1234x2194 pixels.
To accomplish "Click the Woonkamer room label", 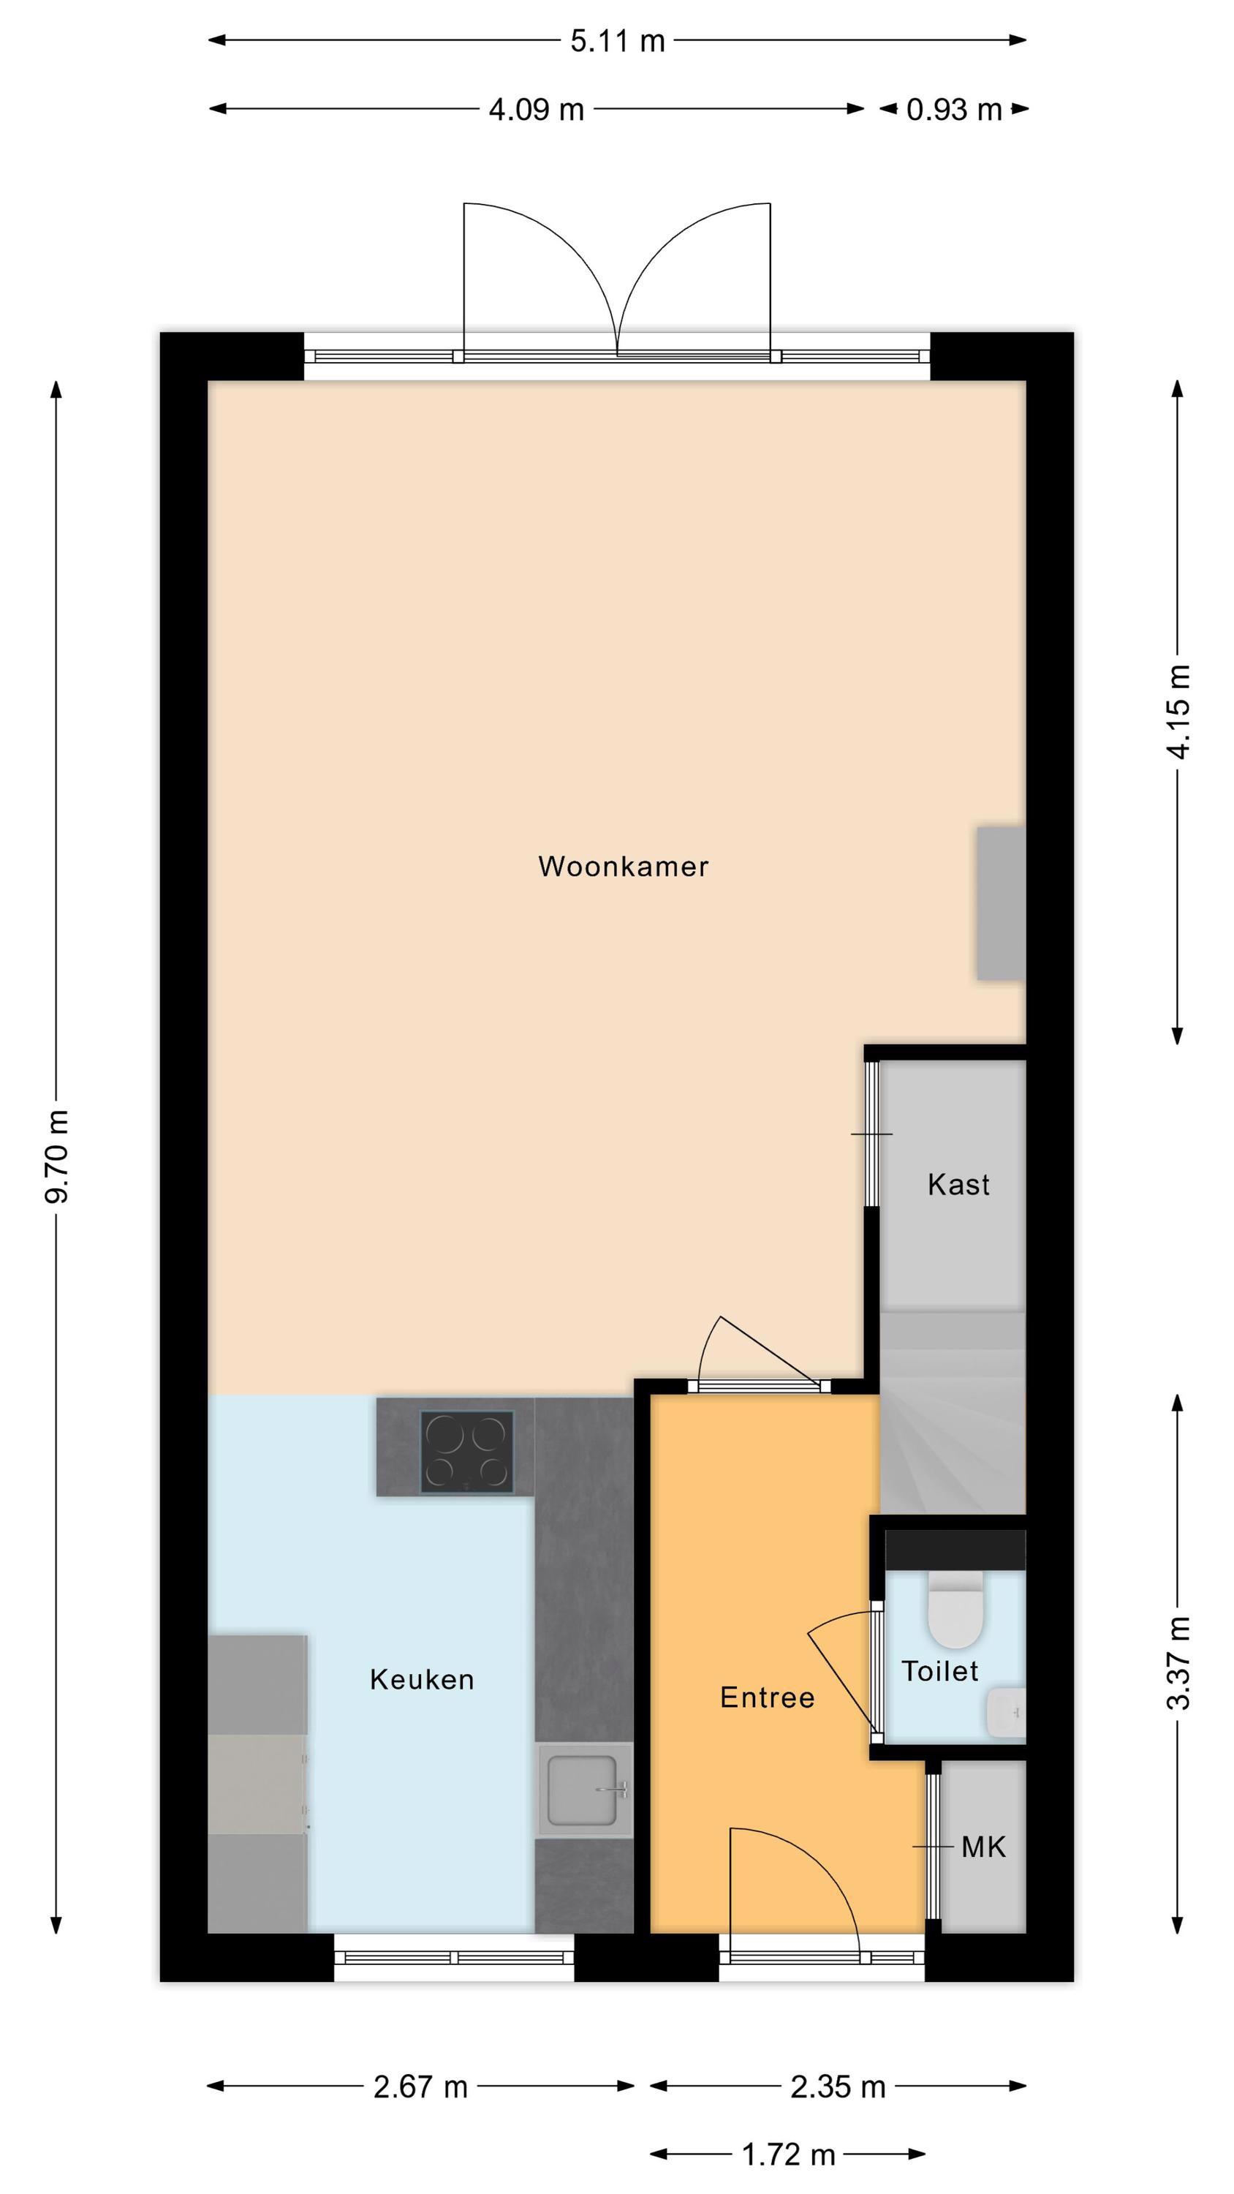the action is pyautogui.click(x=623, y=867).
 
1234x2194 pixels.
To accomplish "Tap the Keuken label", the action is pyautogui.click(x=422, y=1680).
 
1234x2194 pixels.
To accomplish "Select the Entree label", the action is pyautogui.click(x=768, y=1697).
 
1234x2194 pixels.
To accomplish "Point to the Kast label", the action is pyautogui.click(x=958, y=1184).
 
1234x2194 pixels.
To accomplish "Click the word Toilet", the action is pyautogui.click(x=940, y=1671).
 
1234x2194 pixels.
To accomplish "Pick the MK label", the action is pyautogui.click(x=984, y=1847).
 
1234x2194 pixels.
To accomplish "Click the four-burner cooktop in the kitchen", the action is pyautogui.click(x=466, y=1452).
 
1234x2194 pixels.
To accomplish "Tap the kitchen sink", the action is pyautogui.click(x=584, y=1789).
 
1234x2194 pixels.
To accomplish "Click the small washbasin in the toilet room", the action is pyautogui.click(x=1006, y=1713).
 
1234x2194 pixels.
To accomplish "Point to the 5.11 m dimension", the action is pyautogui.click(x=618, y=41).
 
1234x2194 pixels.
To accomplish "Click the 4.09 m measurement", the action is pyautogui.click(x=537, y=110).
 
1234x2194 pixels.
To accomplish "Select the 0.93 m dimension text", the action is pyautogui.click(x=954, y=110).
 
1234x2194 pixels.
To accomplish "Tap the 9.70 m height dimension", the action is pyautogui.click(x=57, y=1156).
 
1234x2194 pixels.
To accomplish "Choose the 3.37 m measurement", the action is pyautogui.click(x=1178, y=1662).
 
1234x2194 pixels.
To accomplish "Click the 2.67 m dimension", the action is pyautogui.click(x=420, y=2080).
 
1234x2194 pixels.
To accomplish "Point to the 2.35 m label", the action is pyautogui.click(x=838, y=2080).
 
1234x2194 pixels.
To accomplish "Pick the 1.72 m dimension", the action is pyautogui.click(x=789, y=2148).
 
